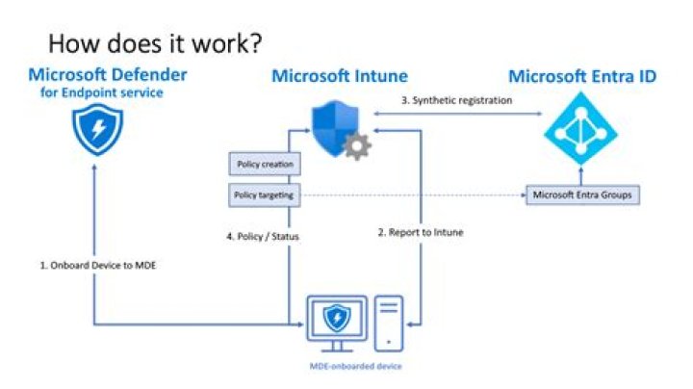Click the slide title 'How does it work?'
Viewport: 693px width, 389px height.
pos(156,43)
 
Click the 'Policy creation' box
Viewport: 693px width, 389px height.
pos(259,165)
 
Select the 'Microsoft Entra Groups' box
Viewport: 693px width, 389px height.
pos(582,195)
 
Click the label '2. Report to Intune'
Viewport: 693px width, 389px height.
pos(421,232)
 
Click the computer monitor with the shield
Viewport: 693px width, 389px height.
pos(336,321)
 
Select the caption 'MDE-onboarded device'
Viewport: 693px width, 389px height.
pos(355,367)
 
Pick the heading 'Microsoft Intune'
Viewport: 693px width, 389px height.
pos(340,76)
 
